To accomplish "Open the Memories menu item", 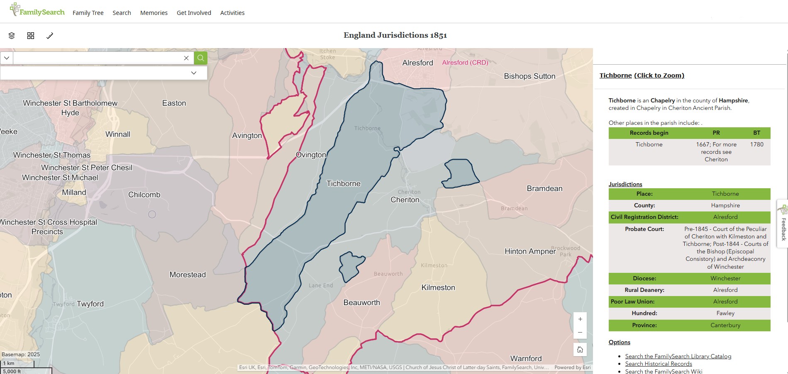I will [154, 13].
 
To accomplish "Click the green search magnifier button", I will [200, 58].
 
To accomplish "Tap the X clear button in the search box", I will [186, 58].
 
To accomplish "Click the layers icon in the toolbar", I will [12, 36].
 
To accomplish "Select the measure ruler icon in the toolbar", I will [50, 36].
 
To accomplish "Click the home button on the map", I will [580, 350].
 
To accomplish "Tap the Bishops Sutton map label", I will [529, 76].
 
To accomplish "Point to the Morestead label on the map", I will [188, 274].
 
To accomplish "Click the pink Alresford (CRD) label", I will [465, 63].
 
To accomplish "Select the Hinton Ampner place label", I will [530, 251].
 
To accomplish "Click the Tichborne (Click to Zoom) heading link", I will [642, 75].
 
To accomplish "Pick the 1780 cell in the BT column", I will [756, 144].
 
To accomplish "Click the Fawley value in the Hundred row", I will [725, 313].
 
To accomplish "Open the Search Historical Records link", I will [659, 364].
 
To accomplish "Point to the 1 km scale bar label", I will [9, 363].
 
